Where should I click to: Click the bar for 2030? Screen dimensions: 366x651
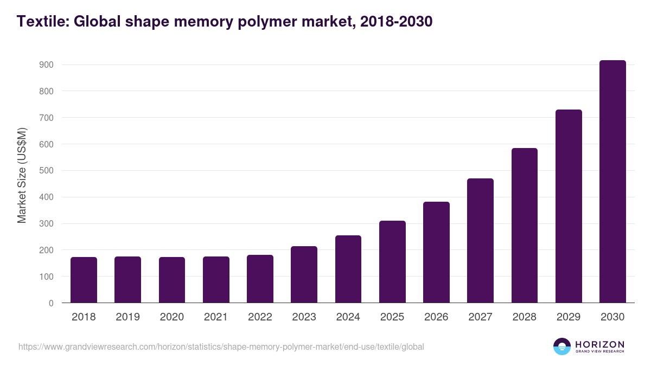(x=612, y=182)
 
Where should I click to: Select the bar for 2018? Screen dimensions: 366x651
(x=84, y=280)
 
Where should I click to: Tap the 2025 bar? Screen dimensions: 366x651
(x=392, y=262)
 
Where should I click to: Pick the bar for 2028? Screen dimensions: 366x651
(x=525, y=226)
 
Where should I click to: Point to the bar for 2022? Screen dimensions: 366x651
(x=260, y=279)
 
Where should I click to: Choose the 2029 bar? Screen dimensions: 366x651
(x=569, y=206)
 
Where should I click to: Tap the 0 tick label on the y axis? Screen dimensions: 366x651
(x=51, y=303)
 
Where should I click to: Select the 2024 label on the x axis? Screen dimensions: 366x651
(x=348, y=317)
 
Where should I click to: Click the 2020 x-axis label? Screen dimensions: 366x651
(x=172, y=317)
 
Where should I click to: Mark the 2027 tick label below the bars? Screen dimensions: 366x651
(x=481, y=317)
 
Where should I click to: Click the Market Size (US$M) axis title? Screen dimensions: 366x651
(x=22, y=175)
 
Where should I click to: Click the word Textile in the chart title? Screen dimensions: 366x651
(x=41, y=22)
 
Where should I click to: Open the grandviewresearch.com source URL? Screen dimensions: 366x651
(x=221, y=346)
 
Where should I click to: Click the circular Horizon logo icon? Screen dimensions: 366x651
(x=562, y=346)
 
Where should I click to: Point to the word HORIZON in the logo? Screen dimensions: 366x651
(x=599, y=344)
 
